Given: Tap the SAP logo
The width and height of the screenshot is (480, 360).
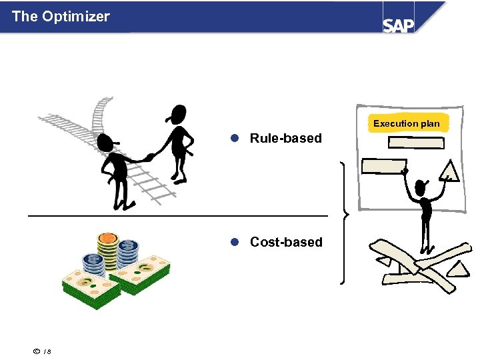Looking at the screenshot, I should [398, 25].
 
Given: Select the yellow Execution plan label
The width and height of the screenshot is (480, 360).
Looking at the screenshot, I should [406, 123].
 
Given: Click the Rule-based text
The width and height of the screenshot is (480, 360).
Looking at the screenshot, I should [285, 139].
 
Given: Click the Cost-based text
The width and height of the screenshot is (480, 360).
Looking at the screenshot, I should [286, 242].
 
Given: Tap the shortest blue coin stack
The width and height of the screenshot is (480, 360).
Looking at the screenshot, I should [94, 265].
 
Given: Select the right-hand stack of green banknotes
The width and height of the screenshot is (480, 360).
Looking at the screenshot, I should [140, 274].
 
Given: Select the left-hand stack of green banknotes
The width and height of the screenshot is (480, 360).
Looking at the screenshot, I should [90, 288].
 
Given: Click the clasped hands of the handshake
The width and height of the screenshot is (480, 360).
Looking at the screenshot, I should [149, 158].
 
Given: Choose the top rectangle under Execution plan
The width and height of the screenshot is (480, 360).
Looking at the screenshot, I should [417, 143].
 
